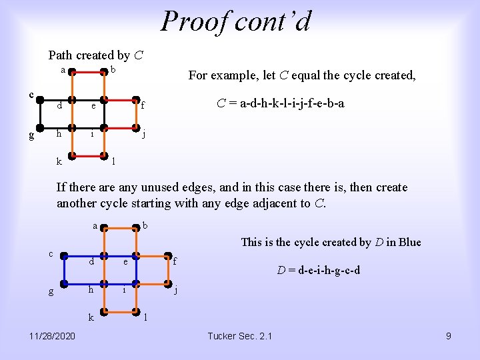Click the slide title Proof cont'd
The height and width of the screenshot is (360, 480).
235,21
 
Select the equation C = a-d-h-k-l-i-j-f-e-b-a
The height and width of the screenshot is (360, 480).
281,103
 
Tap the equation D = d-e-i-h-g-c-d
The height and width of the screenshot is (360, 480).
318,270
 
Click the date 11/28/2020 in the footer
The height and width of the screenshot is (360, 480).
53,336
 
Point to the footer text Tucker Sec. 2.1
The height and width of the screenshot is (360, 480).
239,336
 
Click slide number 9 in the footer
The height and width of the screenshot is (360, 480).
448,336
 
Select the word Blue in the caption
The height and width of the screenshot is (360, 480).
408,242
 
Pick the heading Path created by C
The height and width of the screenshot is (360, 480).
96,55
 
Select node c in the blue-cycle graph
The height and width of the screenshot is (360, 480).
61,255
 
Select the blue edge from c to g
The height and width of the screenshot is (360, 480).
61,271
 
